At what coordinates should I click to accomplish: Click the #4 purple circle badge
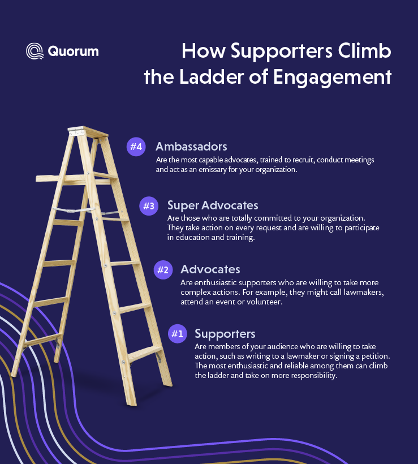(x=136, y=147)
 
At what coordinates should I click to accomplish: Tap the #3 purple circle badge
(x=148, y=206)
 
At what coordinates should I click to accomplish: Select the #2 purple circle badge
(x=162, y=270)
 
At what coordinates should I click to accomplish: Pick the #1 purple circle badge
(x=177, y=334)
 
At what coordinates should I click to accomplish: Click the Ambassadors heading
(x=191, y=147)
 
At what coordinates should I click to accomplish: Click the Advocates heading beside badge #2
(x=210, y=269)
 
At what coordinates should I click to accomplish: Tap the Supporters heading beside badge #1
(x=225, y=333)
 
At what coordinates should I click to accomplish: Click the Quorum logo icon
(x=35, y=51)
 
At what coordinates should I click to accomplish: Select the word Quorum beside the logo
(x=73, y=51)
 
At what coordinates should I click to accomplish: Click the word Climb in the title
(x=361, y=51)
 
